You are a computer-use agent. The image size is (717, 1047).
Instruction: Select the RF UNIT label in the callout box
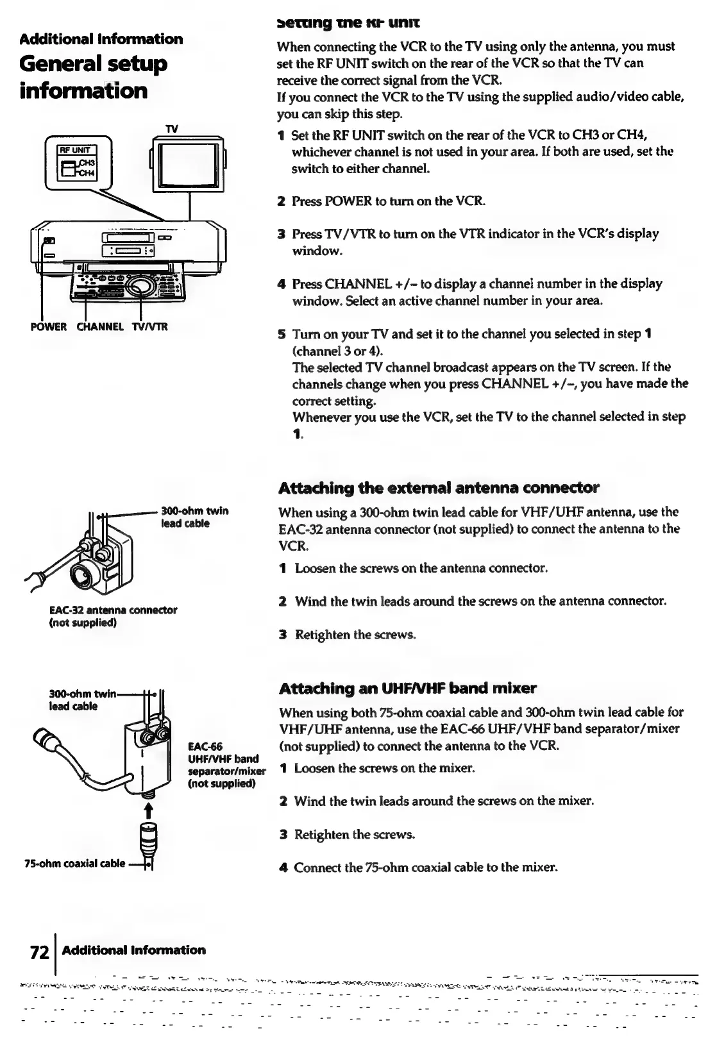tap(71, 151)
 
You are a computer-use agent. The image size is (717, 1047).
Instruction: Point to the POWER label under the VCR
tap(48, 326)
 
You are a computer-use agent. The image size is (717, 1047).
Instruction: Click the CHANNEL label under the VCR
tap(101, 326)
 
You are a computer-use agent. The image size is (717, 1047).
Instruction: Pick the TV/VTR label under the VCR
tap(149, 326)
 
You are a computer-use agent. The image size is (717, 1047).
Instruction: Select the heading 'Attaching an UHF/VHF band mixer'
tap(408, 689)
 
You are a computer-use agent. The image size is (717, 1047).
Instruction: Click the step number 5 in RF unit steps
tap(281, 335)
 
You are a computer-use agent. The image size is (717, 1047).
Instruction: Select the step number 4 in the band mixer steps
tap(282, 868)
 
